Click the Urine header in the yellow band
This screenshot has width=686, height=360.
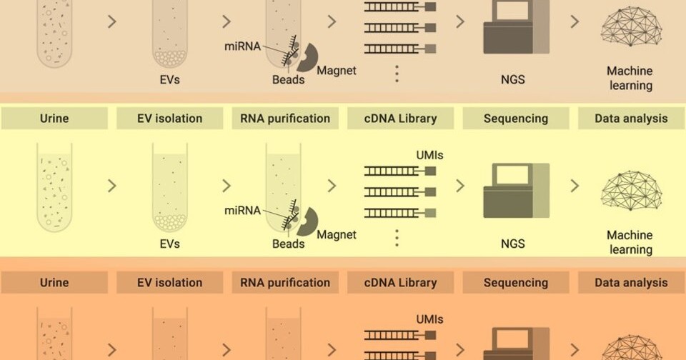[54, 119]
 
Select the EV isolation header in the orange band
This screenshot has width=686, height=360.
[169, 283]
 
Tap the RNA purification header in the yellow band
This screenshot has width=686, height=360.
[284, 119]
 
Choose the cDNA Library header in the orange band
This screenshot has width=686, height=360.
[399, 283]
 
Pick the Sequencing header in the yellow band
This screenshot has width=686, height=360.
[515, 119]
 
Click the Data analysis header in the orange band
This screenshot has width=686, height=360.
[631, 283]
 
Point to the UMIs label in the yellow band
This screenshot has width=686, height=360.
[430, 155]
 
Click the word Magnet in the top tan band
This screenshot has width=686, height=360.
[337, 71]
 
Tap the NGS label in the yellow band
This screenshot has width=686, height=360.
[512, 244]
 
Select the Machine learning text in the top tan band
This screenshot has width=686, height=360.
[630, 79]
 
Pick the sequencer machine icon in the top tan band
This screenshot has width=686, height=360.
[515, 27]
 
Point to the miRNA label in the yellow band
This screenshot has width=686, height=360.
[242, 210]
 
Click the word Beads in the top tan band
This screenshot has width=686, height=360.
[288, 80]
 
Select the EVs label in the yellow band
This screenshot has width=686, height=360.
[169, 244]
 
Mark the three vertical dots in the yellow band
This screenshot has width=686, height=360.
[397, 237]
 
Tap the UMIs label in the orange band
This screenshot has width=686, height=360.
[430, 319]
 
